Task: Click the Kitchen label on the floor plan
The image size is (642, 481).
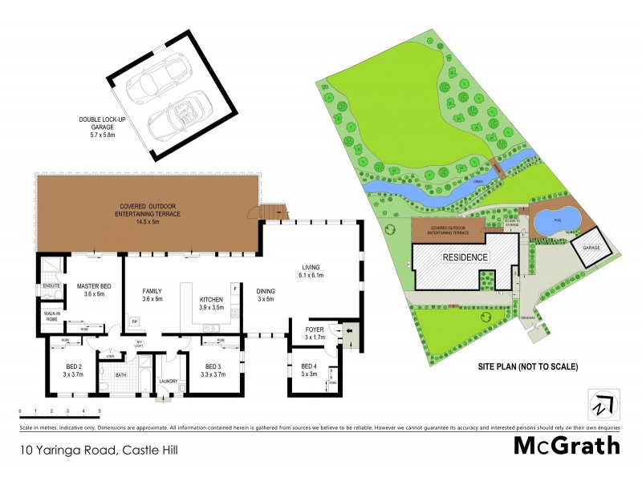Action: pyautogui.click(x=212, y=302)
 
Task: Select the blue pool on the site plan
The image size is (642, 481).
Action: pyautogui.click(x=555, y=219)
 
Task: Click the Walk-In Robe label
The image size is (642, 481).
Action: pyautogui.click(x=52, y=317)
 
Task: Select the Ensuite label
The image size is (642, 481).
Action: pyautogui.click(x=51, y=285)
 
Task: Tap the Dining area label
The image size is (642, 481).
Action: pyautogui.click(x=265, y=294)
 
